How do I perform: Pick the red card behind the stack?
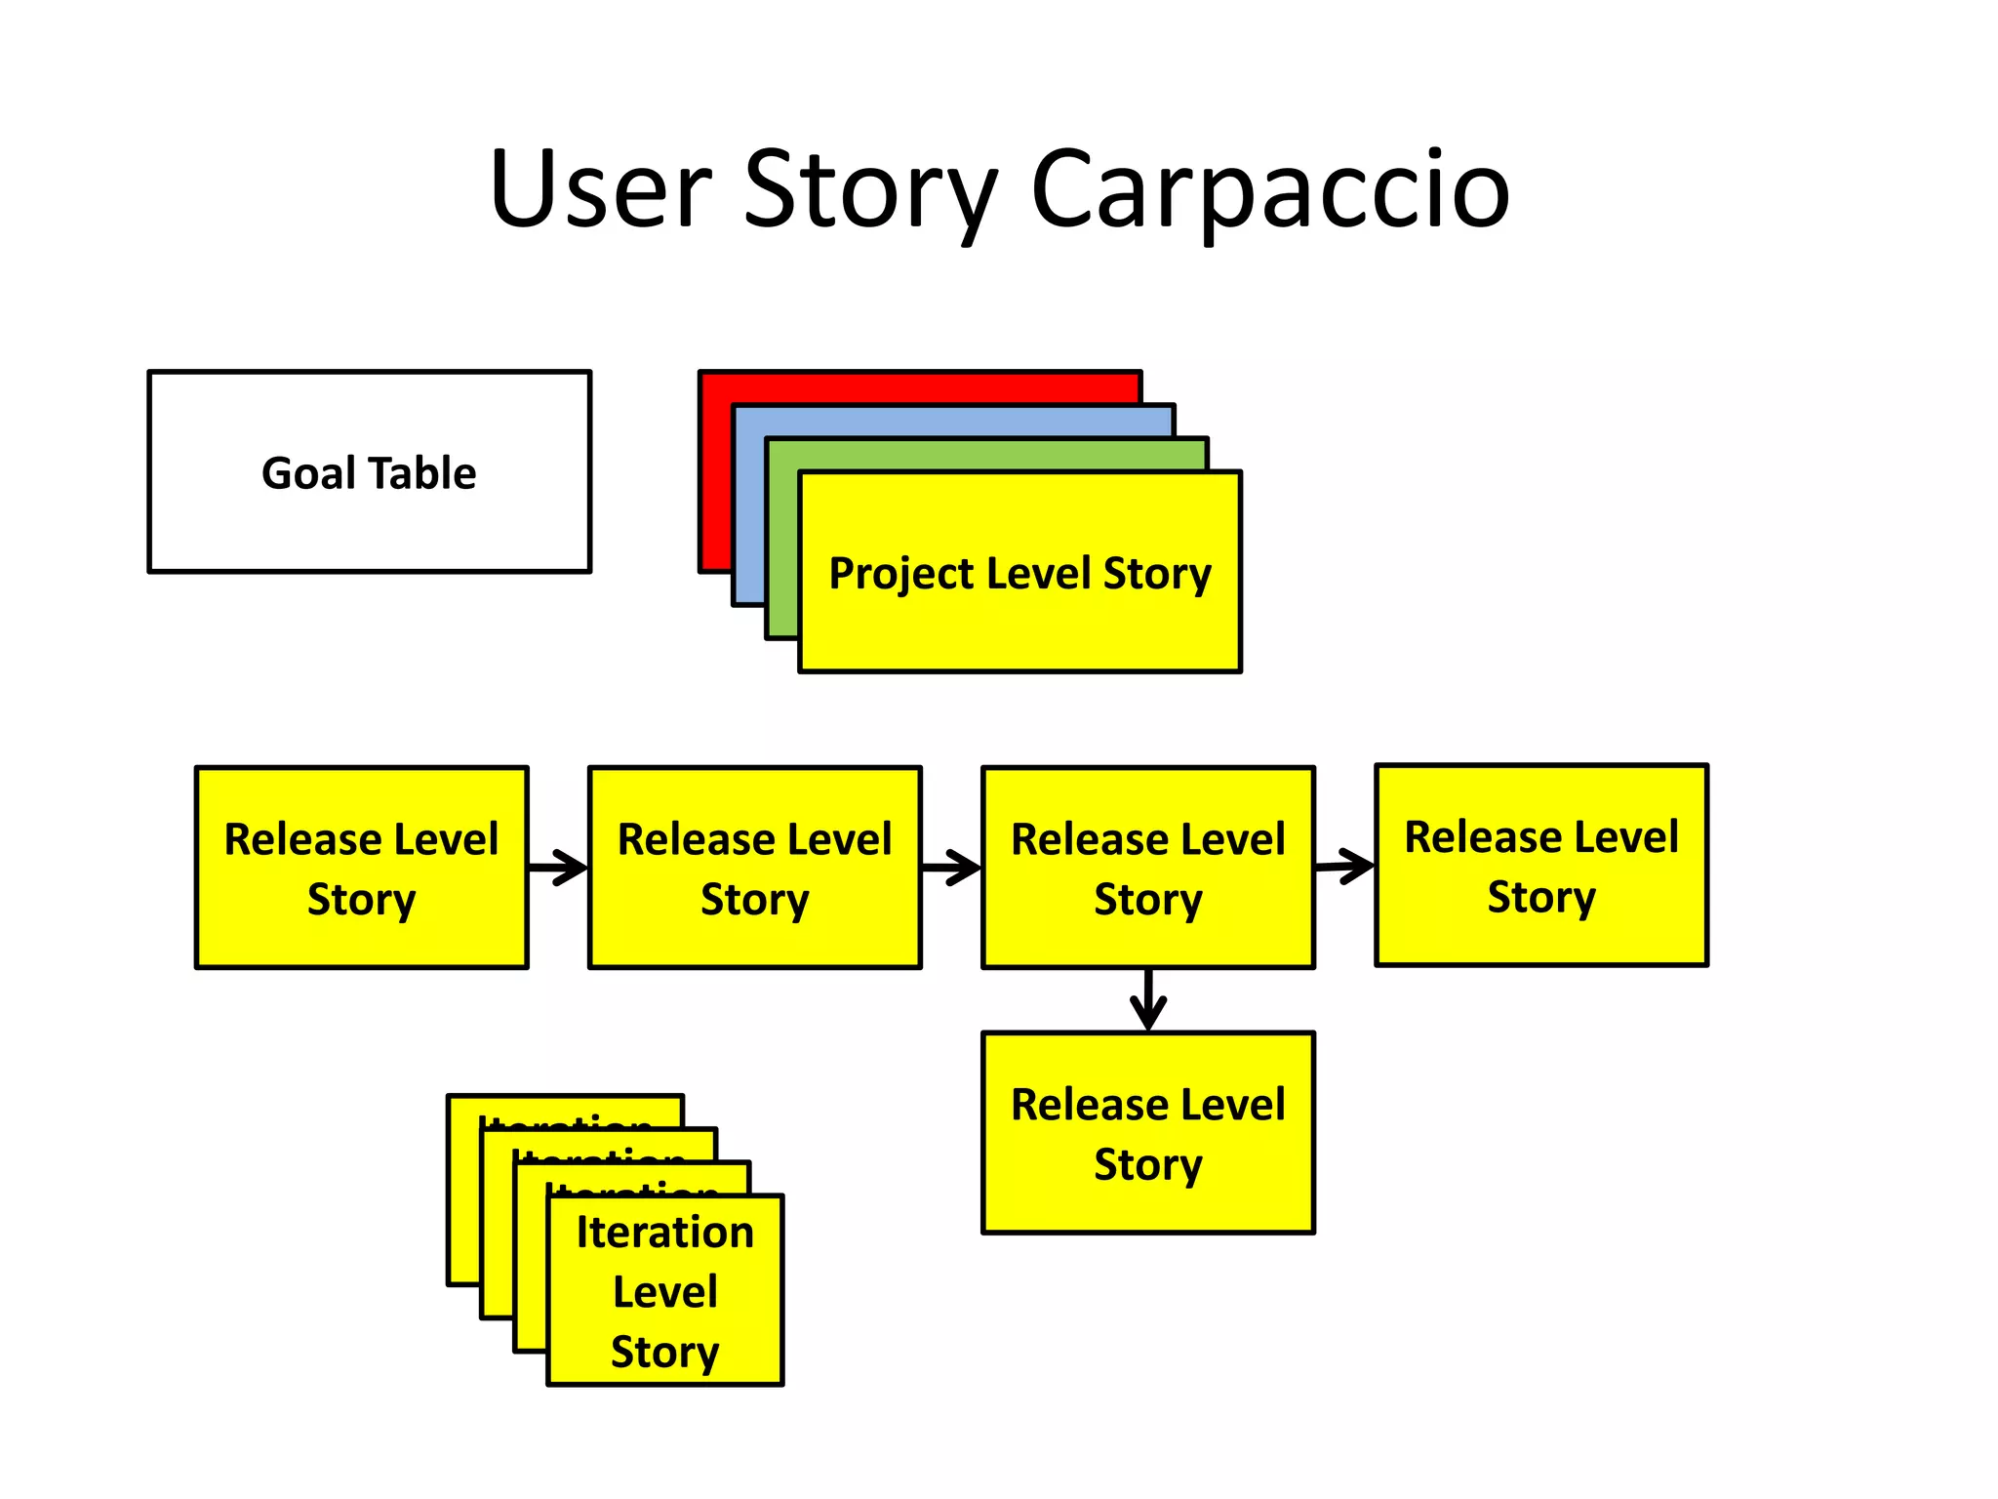[917, 386]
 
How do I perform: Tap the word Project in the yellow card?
[899, 574]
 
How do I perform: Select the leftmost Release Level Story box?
[361, 867]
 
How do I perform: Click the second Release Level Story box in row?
[754, 867]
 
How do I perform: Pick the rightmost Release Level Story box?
[1540, 865]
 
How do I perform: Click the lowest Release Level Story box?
[1147, 1132]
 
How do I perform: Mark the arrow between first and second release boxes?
[559, 867]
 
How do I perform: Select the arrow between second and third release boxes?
[951, 867]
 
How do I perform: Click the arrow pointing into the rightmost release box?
[1345, 866]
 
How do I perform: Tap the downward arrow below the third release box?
[1148, 1000]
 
